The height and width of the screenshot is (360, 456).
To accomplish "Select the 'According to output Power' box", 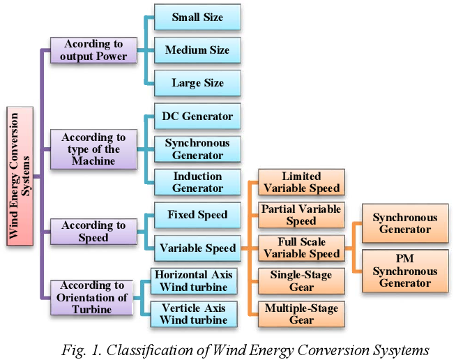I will click(x=93, y=50).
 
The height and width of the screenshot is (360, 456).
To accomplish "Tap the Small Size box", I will click(x=197, y=18).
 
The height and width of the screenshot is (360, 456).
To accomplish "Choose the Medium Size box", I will click(x=197, y=50).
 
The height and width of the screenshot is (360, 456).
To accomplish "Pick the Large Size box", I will click(x=197, y=83).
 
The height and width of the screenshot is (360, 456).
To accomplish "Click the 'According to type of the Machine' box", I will click(x=93, y=149).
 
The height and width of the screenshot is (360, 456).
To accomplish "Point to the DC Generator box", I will click(x=197, y=117).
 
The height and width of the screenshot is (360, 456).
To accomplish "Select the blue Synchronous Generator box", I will click(x=197, y=149).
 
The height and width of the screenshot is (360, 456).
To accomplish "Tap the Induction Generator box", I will click(x=197, y=182).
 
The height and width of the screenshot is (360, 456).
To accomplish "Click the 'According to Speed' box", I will click(x=93, y=232).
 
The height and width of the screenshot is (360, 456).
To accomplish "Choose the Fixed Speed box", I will click(x=197, y=215).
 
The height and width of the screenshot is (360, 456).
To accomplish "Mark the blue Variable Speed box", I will click(x=197, y=248).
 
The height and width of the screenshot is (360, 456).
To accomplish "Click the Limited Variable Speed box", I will click(x=301, y=182).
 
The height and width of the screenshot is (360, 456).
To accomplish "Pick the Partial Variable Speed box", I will click(x=301, y=215).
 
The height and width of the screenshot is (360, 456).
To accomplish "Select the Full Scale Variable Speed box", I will click(x=301, y=248).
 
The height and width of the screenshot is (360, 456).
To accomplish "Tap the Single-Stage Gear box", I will click(x=301, y=280).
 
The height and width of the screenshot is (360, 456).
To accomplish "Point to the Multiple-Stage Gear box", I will click(x=301, y=313).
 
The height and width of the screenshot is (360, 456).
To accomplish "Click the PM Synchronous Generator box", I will click(x=405, y=271).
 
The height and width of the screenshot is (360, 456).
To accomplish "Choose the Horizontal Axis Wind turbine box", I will click(x=193, y=280).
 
